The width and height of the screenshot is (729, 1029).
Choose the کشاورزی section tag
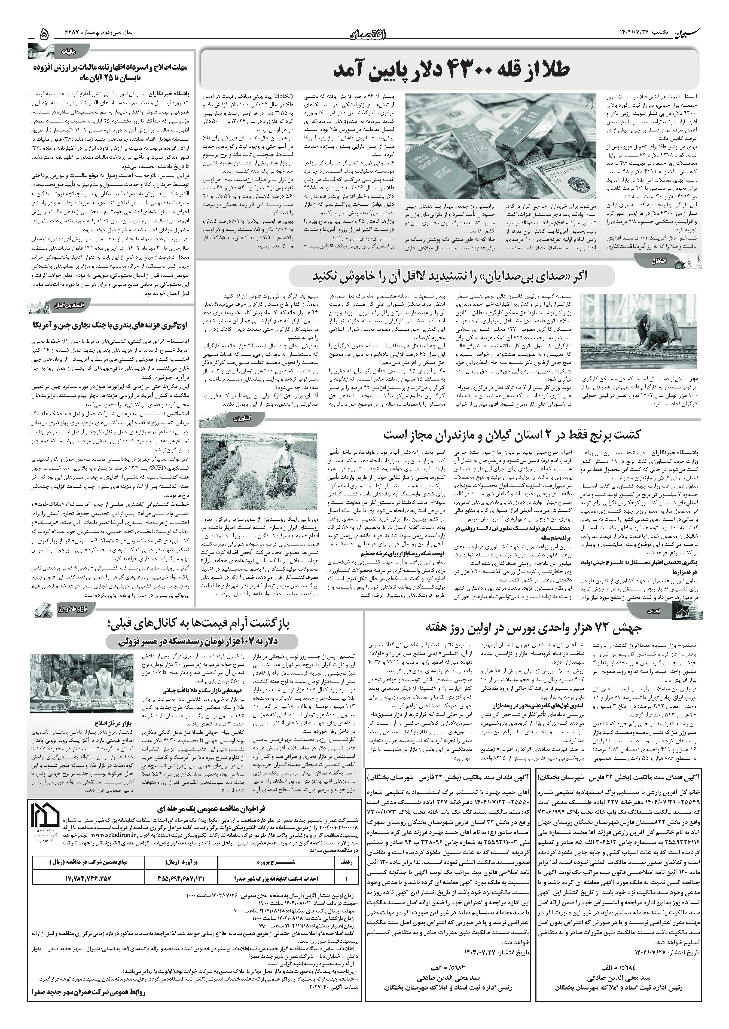[x=238, y=418]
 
